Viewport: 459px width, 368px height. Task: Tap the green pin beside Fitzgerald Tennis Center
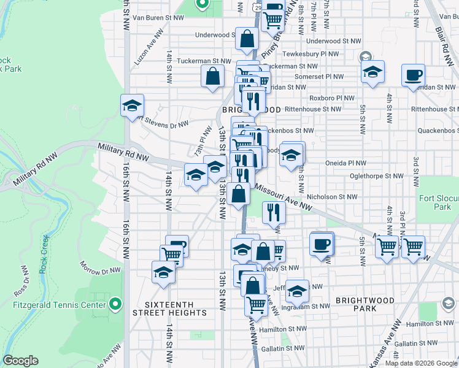point(114,304)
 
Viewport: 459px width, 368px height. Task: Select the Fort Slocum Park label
point(439,202)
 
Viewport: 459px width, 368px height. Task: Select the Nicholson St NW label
point(334,197)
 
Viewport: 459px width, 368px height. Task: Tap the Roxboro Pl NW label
point(333,98)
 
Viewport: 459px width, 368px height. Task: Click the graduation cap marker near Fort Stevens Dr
point(132,105)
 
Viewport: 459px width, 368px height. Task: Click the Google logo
point(21,361)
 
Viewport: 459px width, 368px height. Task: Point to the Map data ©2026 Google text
point(421,363)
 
